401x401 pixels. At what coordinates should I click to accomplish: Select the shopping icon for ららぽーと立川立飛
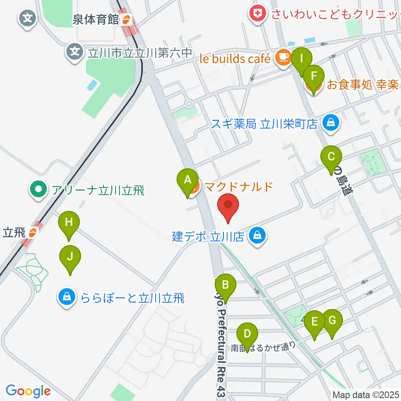tap(66, 298)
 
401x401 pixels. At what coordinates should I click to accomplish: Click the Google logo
tap(28, 391)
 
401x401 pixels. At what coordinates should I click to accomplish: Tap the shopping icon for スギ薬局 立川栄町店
tap(331, 123)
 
